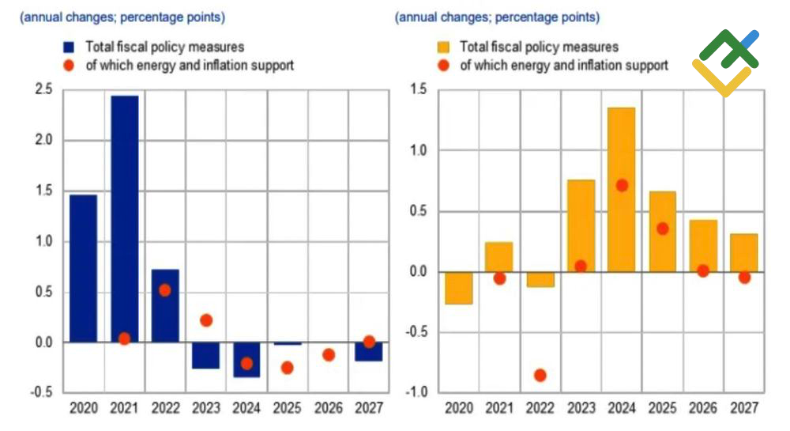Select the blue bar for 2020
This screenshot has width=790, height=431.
coord(83,268)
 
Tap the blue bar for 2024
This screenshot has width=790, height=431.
coord(246,359)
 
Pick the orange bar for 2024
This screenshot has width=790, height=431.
coord(622,190)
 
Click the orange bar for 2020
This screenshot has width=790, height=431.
coord(458,288)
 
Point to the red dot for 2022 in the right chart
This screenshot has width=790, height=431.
coord(540,375)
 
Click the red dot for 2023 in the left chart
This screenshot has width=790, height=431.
coord(205,320)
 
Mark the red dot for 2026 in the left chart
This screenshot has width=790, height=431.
coord(328,355)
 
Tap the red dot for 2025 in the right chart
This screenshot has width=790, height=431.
coord(663,229)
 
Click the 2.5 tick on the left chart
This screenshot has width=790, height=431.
coord(43,90)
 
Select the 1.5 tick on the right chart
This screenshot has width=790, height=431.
coord(419,90)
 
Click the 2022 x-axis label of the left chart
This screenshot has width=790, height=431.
coord(165,410)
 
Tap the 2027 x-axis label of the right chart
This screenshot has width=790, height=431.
coord(743,410)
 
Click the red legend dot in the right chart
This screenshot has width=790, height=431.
coord(444,65)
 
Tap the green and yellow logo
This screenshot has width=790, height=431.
coord(726,62)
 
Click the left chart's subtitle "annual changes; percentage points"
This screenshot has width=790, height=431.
coord(122,17)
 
